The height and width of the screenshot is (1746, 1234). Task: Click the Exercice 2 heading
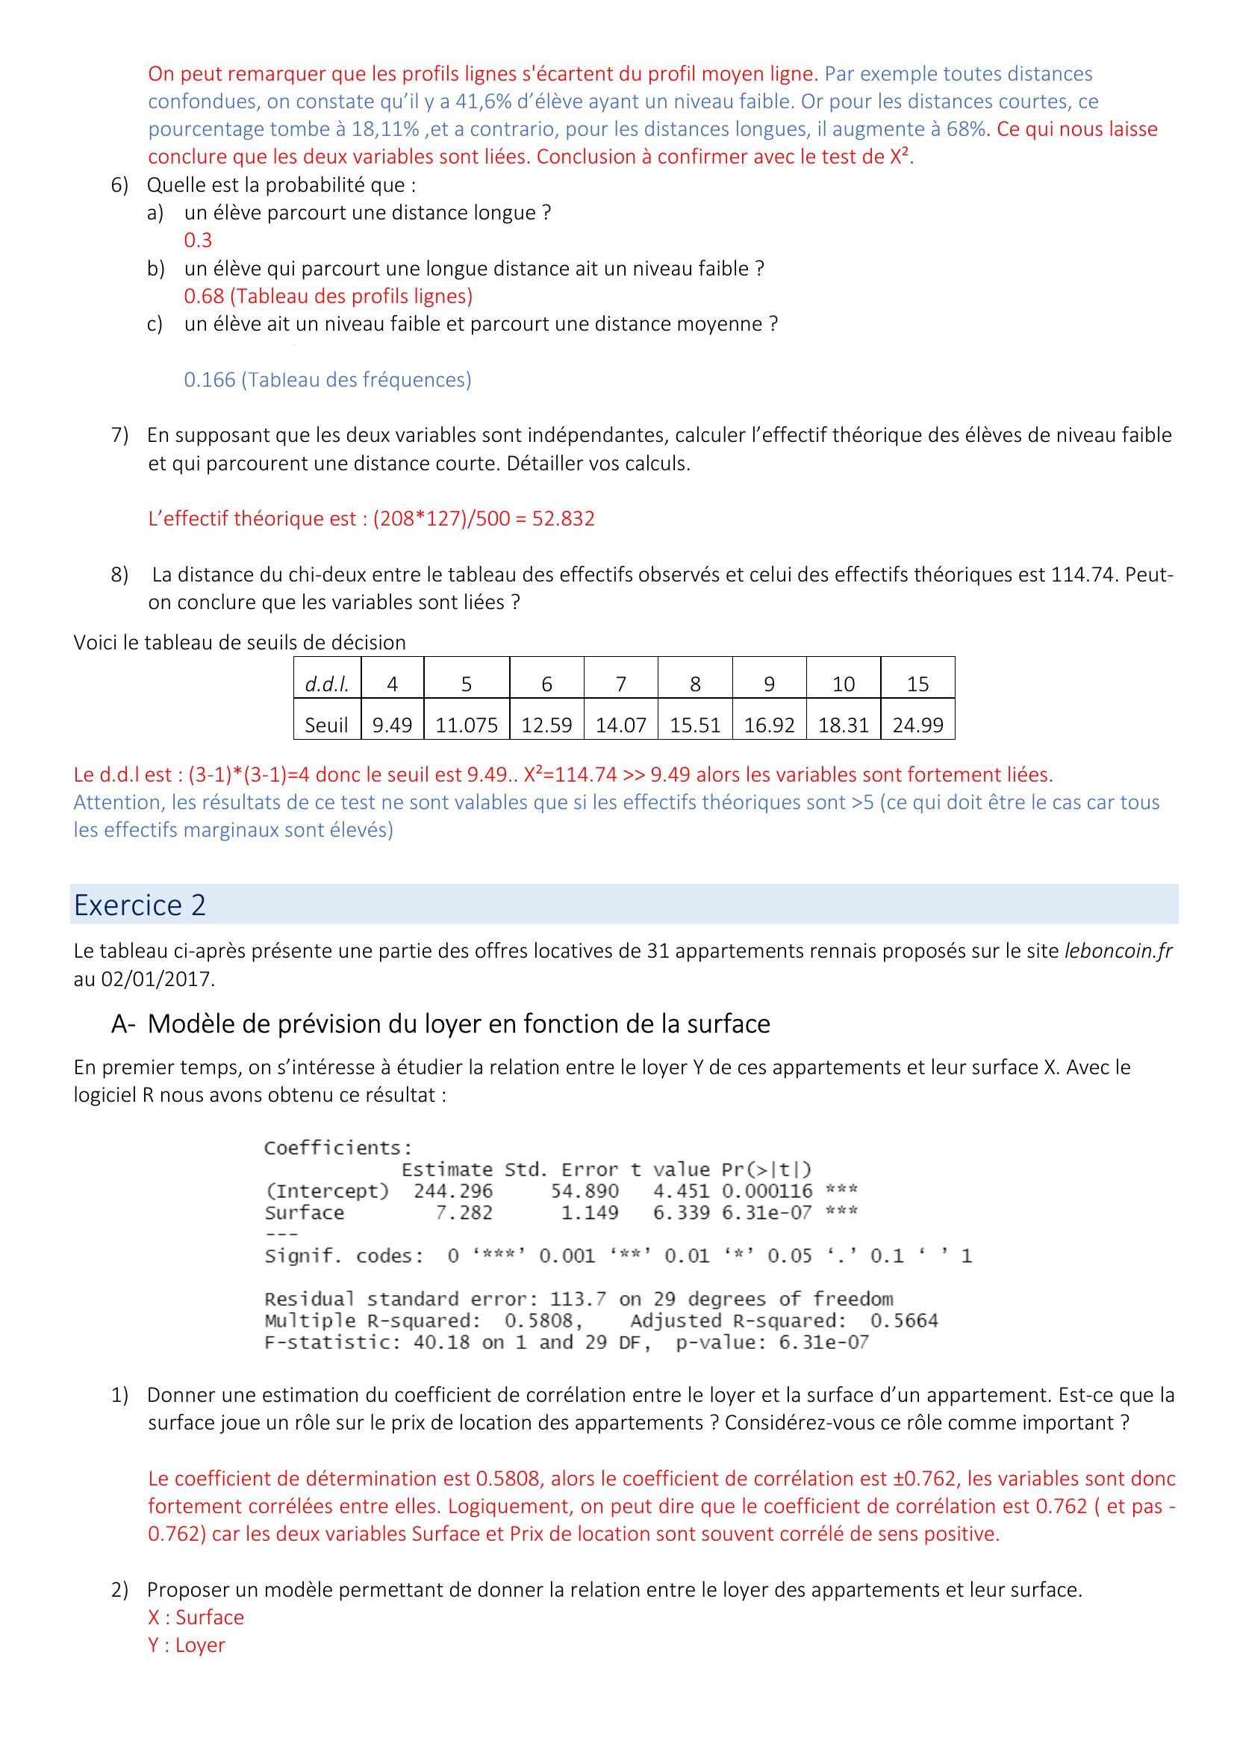coord(140,905)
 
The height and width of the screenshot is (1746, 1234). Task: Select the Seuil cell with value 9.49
coord(392,725)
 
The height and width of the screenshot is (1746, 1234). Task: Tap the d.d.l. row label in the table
coord(327,684)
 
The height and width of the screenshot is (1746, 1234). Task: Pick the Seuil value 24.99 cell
coord(917,725)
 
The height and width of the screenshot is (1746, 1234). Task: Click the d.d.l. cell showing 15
coord(917,684)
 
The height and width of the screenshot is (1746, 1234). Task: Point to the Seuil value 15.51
coord(694,725)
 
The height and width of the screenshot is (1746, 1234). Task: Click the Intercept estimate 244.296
coord(453,1191)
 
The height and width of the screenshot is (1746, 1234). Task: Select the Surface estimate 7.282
coord(464,1213)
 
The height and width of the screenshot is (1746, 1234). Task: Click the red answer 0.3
coord(198,240)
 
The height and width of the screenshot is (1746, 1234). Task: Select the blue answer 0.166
coord(210,379)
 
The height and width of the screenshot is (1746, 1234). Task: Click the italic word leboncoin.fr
coord(1118,950)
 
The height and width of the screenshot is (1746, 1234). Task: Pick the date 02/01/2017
coord(156,979)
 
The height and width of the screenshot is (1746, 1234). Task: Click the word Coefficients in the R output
coord(337,1147)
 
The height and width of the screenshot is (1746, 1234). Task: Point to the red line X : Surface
coord(196,1617)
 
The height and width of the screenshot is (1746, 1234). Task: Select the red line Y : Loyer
coord(187,1645)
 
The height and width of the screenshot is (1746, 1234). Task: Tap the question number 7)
coord(120,435)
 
